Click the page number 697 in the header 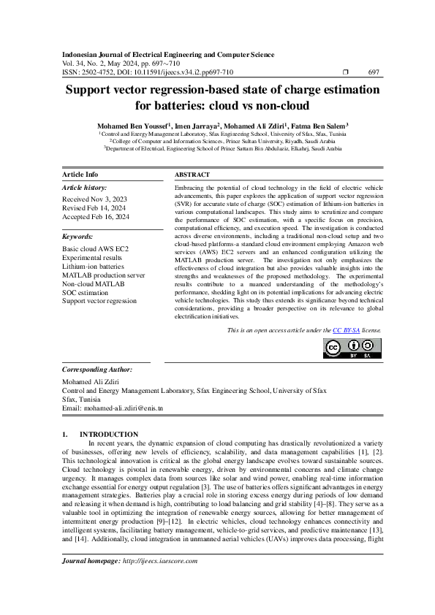373,72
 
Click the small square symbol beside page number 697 346,72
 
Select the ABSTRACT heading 192,175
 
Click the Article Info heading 80,175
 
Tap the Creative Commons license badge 352,348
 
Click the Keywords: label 77,237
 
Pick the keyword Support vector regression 99,300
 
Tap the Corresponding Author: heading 97,370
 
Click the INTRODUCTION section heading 108,434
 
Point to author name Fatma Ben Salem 317,126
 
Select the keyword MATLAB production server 102,275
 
